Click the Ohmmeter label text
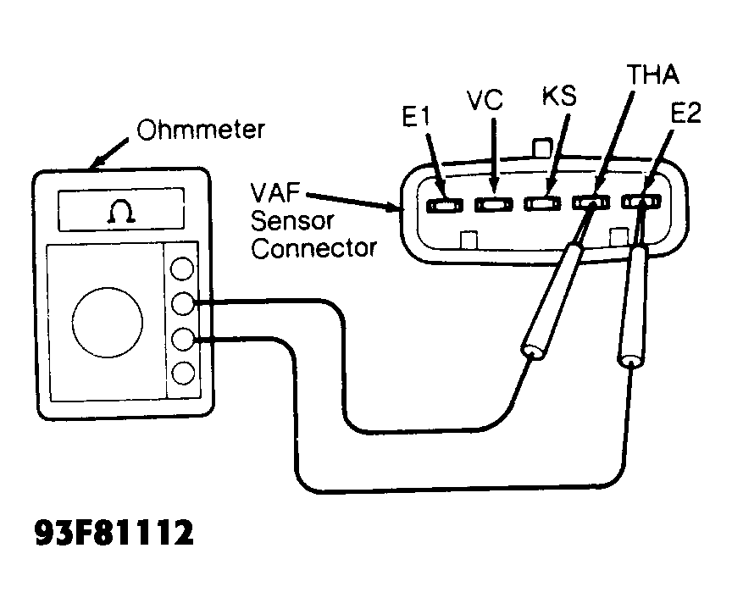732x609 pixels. [201, 130]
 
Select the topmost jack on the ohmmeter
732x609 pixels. [181, 269]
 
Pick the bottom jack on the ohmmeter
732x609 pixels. [181, 373]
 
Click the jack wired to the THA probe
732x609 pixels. [181, 304]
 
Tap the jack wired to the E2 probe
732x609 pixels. [181, 339]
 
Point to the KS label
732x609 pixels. [559, 96]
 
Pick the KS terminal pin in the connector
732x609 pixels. [541, 204]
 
